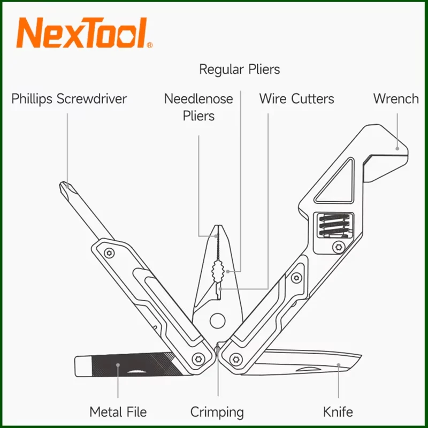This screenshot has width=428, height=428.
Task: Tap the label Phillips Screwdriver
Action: tap(69, 99)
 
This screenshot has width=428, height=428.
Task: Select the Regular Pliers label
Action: tap(239, 70)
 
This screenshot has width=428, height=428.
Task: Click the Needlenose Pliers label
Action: tap(198, 107)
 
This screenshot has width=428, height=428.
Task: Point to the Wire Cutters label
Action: tap(296, 99)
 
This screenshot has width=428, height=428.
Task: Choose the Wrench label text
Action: tap(396, 99)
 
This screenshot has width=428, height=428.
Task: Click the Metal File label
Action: tap(118, 412)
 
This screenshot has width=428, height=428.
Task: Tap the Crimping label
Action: tap(217, 412)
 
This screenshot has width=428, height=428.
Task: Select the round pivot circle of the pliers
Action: tap(217, 320)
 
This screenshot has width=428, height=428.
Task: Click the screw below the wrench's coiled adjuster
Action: tap(339, 247)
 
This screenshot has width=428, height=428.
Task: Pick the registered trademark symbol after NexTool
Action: tap(149, 45)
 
